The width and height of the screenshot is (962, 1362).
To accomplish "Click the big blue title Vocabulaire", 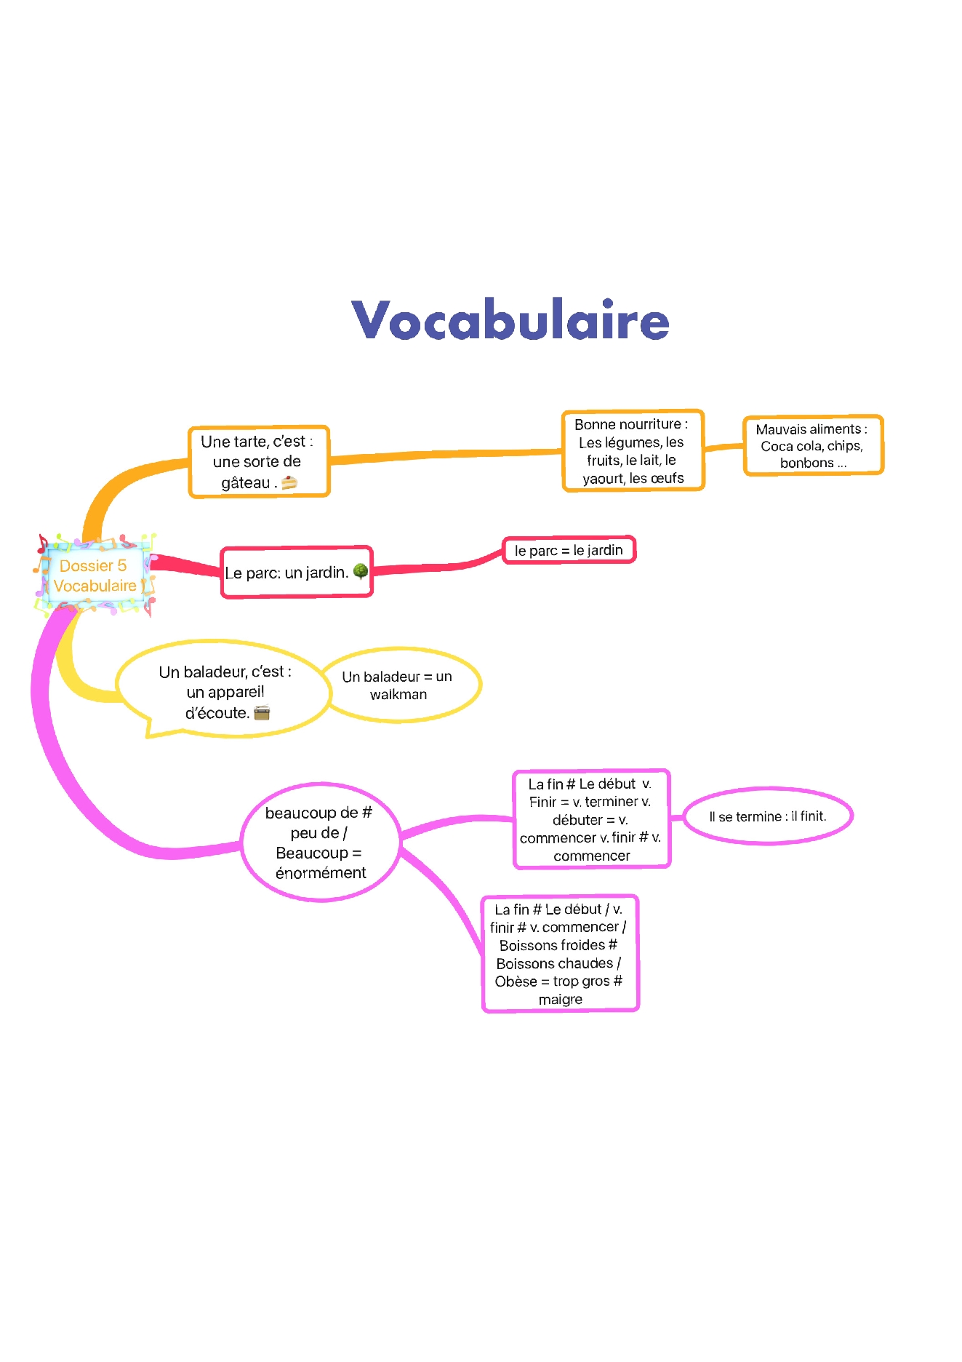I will (x=510, y=320).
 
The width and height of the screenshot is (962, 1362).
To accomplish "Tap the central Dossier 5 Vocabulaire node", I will (x=95, y=576).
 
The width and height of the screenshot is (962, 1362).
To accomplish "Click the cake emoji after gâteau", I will (x=289, y=482).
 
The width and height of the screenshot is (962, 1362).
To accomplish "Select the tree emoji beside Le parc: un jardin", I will (x=360, y=571).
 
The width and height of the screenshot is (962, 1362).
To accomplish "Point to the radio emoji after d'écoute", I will (x=262, y=713).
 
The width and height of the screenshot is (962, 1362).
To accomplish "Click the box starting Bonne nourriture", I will (x=633, y=451).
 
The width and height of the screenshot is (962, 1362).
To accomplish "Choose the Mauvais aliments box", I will (x=812, y=445).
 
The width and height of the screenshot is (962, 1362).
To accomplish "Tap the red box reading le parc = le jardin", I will (x=569, y=550).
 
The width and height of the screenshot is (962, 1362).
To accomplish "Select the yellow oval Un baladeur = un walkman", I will (x=398, y=685).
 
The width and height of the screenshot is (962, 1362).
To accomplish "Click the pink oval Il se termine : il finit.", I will (x=767, y=816).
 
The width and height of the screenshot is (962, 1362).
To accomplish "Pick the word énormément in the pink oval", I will (x=321, y=873).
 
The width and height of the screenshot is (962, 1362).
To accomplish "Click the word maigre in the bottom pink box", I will (x=560, y=1000).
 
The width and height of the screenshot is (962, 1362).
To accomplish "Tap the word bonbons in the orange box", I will (x=806, y=463).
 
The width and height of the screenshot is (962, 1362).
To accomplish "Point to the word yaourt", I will (x=604, y=478).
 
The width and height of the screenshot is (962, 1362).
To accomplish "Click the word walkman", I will (x=398, y=695).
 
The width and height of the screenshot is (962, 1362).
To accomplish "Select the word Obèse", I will (x=516, y=981).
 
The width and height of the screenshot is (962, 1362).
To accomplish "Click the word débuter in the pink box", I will (x=577, y=820).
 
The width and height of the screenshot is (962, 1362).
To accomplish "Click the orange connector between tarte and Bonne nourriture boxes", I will (x=444, y=455).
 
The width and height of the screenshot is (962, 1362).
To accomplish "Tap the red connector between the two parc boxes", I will (x=436, y=567).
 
